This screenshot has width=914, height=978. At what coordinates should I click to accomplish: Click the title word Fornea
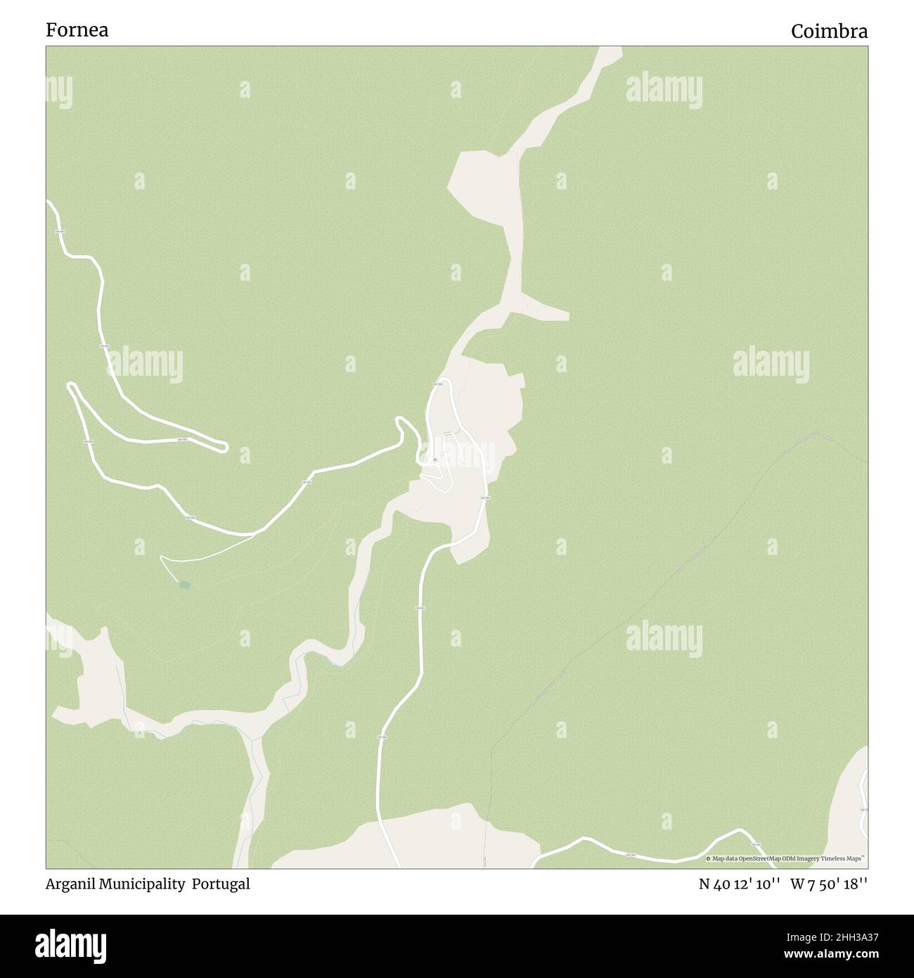tap(77, 30)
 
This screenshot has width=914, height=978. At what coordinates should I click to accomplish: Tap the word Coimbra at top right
tap(829, 32)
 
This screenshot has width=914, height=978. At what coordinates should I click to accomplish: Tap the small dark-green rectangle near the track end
tap(185, 585)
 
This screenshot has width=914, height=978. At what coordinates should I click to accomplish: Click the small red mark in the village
tap(458, 431)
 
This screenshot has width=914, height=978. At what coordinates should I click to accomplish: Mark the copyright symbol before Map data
tap(709, 858)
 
